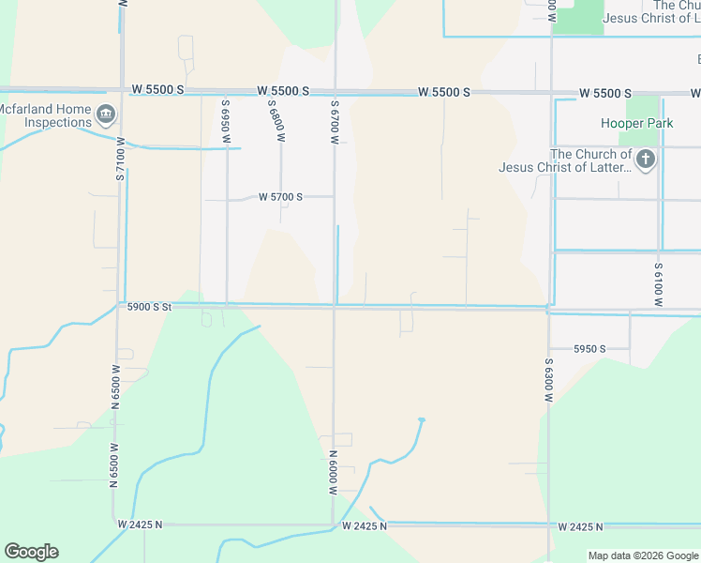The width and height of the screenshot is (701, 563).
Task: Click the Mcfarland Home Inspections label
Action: [45, 116]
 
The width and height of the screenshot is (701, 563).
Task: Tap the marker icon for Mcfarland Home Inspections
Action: [106, 116]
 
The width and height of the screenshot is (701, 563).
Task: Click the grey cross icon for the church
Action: [645, 160]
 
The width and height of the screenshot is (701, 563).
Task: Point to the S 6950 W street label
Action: [226, 122]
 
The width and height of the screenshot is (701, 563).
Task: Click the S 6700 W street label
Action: [334, 122]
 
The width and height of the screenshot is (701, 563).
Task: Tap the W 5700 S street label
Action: [280, 197]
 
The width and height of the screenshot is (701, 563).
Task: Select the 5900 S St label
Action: [150, 307]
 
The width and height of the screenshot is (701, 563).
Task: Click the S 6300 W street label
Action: [549, 380]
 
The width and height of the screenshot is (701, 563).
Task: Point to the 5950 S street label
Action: [589, 349]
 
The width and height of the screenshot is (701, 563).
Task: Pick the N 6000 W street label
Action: [333, 472]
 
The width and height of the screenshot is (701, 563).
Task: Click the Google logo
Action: [31, 552]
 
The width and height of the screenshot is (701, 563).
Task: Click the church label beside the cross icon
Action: [590, 160]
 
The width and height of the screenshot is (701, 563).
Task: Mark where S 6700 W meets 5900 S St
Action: [335, 305]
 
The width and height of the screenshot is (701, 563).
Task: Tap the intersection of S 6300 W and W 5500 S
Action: [551, 94]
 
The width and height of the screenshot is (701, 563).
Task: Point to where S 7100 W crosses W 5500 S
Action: [122, 91]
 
